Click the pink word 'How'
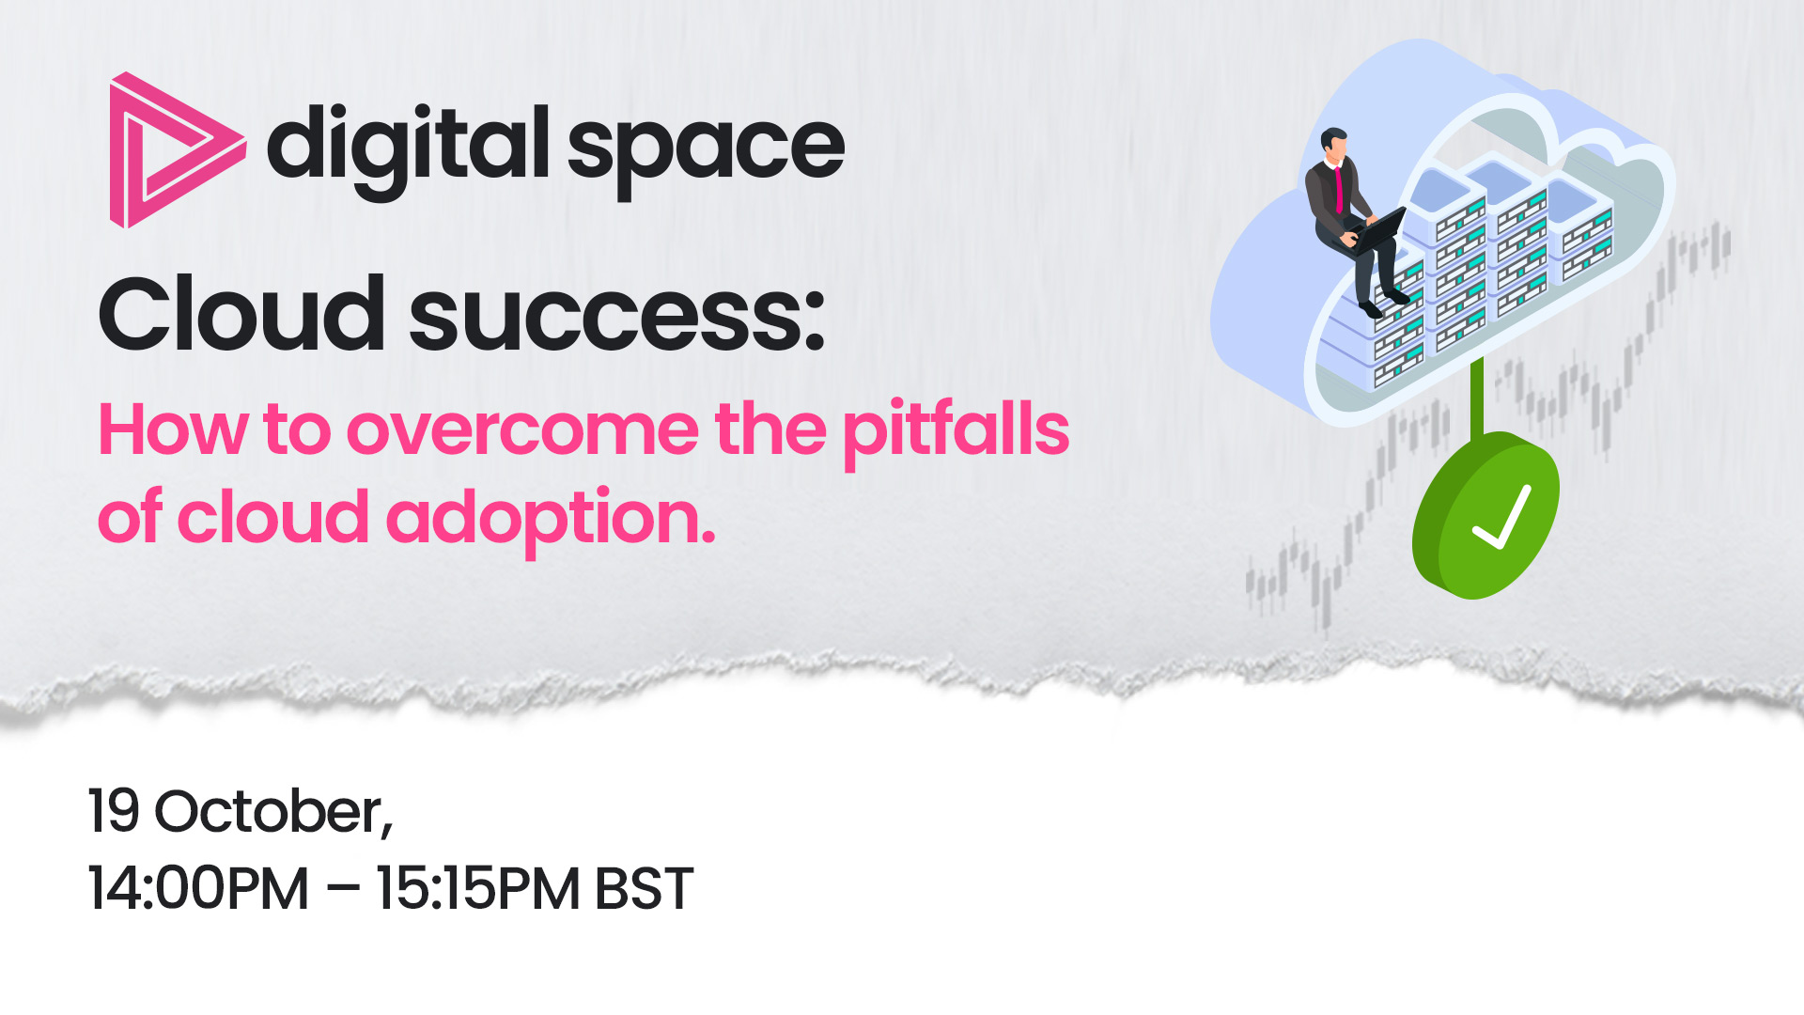(173, 429)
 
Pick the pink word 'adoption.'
(552, 520)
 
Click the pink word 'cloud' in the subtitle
(272, 516)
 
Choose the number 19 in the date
(115, 811)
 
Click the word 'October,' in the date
(273, 812)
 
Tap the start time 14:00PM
(198, 888)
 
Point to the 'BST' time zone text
(645, 888)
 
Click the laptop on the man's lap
(1379, 231)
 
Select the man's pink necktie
(1338, 189)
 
